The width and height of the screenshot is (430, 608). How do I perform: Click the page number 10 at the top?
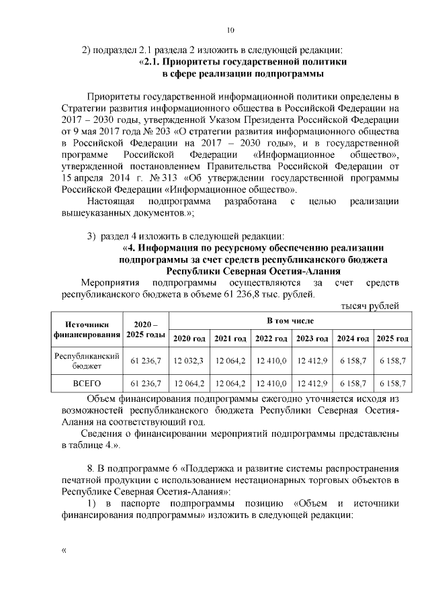click(x=230, y=30)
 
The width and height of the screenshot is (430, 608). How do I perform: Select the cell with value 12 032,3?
click(x=190, y=361)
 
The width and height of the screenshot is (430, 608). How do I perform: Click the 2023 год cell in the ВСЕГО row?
click(x=311, y=384)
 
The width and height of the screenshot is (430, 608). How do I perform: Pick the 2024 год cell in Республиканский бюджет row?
click(x=352, y=361)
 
